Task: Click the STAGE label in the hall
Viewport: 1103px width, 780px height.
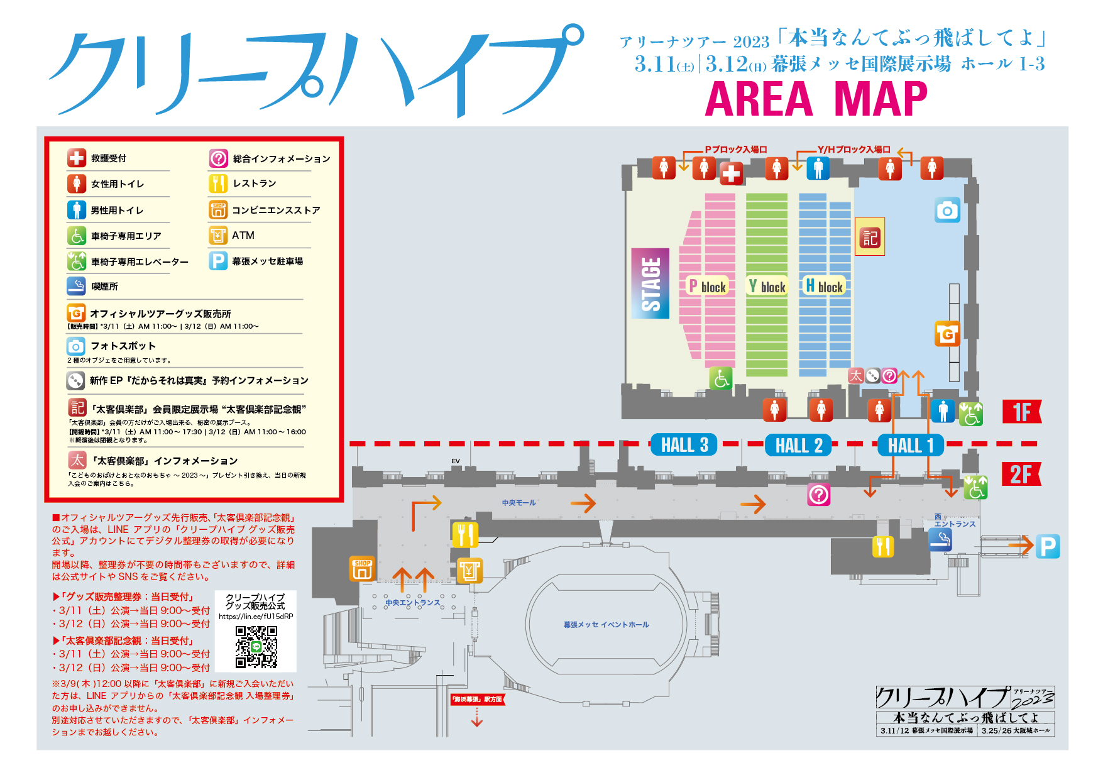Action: [650, 283]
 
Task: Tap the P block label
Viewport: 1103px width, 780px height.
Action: [707, 286]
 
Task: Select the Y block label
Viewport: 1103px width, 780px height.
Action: [766, 286]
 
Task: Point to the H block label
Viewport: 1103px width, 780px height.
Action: [823, 286]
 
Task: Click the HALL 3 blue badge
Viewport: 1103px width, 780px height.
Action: [684, 445]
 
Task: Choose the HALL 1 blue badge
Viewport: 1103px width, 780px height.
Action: [911, 445]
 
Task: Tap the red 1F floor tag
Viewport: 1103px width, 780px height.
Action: [1021, 412]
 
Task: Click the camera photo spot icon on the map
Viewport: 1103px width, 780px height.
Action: [947, 211]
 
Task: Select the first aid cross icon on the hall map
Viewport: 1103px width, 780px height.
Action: [731, 173]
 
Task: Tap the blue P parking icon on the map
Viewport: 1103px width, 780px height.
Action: [1048, 546]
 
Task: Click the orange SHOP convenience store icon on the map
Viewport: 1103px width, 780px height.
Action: [362, 569]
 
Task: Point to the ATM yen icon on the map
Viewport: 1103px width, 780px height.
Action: [469, 571]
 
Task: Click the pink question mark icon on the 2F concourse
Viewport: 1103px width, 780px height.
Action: [818, 495]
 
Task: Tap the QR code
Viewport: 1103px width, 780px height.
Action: [256, 647]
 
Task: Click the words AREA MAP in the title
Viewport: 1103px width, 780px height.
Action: [815, 99]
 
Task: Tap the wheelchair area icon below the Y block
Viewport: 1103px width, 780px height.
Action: [721, 378]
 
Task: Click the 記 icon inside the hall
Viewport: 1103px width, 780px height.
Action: [870, 238]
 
